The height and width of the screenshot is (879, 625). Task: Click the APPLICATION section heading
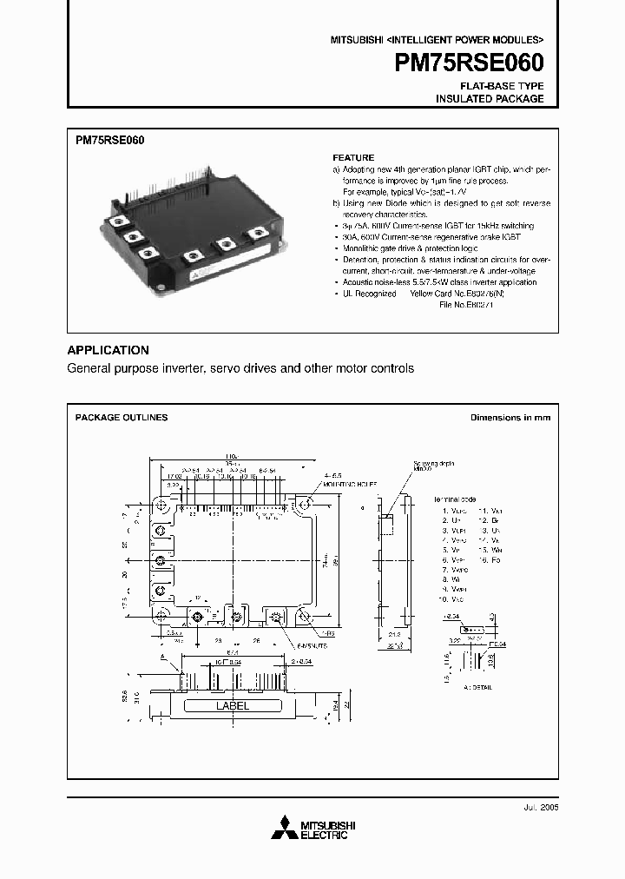108,350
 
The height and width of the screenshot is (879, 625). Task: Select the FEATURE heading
353,158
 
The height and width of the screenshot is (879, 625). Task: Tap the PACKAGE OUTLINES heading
122,418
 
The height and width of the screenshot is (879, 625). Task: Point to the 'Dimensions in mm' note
510,418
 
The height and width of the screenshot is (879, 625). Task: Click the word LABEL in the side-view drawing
232,706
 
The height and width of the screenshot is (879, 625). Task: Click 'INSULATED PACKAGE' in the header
490,99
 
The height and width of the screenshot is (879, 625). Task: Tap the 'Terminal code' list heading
458,500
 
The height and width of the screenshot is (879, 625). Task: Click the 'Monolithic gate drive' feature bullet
382,248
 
